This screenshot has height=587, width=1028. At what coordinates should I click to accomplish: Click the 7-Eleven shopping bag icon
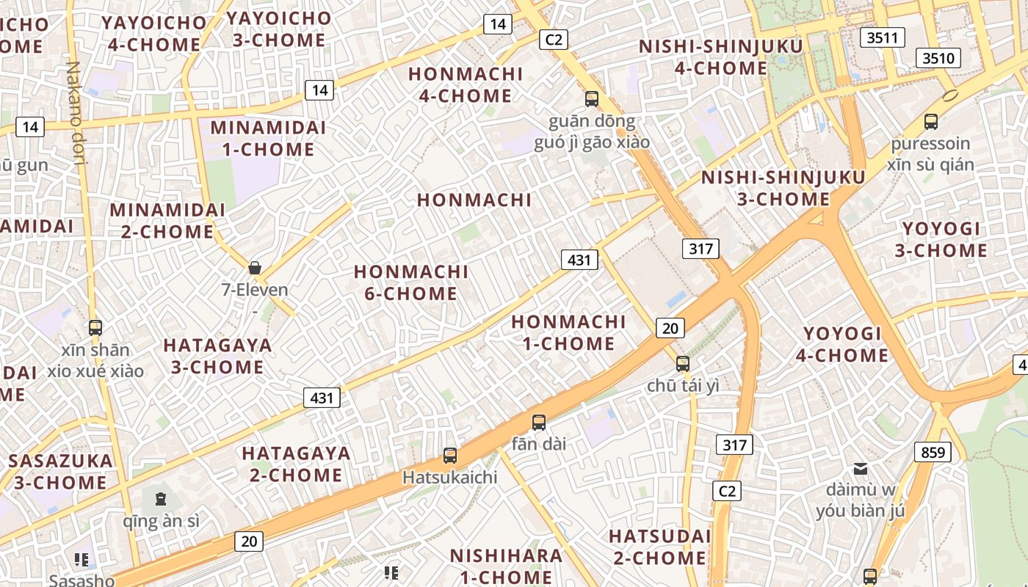coord(255,268)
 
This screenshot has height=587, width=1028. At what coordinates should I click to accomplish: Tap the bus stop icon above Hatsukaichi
coord(450,456)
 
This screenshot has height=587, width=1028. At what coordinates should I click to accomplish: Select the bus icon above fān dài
coord(539,422)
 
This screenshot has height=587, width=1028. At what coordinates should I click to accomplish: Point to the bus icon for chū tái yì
coord(683,363)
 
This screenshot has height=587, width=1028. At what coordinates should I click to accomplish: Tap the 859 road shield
coord(933,452)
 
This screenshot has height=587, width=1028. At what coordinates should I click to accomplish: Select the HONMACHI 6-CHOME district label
coord(410,282)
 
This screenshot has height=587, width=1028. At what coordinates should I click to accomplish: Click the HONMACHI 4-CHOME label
coord(466,84)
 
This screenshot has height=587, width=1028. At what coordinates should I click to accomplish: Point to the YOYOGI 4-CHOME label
coord(842,344)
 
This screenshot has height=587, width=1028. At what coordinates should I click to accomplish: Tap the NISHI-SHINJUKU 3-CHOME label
coord(783,188)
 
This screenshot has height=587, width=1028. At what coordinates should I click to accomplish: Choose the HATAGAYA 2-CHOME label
coord(296,464)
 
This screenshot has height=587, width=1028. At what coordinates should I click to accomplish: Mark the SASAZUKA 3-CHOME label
coord(61,472)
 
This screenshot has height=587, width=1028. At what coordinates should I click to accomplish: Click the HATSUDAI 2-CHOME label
coord(659,547)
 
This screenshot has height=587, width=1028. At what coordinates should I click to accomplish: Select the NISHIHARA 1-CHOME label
coord(506,566)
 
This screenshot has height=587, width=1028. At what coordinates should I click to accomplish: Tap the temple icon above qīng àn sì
coord(161,500)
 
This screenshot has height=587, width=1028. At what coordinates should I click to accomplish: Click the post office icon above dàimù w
coord(860,468)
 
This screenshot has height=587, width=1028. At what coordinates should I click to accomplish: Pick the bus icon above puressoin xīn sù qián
coord(931,121)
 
